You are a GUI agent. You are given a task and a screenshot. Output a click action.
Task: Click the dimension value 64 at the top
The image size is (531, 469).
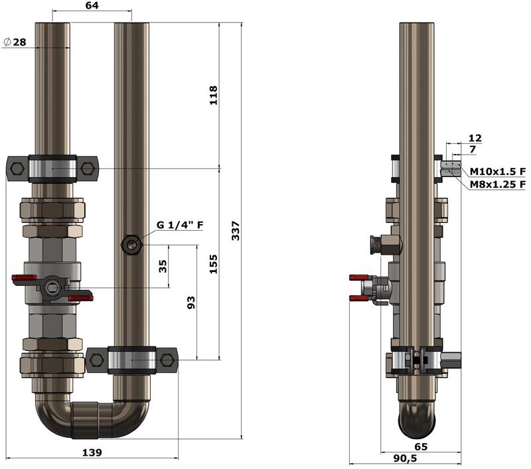click(x=92, y=5)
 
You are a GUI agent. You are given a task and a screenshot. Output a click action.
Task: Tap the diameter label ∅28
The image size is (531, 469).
click(x=15, y=42)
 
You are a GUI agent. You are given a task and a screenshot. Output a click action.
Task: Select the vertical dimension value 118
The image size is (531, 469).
click(x=213, y=96)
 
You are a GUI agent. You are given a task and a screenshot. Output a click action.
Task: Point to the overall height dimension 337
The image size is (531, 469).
click(x=236, y=231)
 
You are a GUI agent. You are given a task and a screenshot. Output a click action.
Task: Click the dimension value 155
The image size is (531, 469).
click(x=213, y=264)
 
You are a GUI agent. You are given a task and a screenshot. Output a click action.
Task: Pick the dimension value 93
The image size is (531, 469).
click(x=191, y=302)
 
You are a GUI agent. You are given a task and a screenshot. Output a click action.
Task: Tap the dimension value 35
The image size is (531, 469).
click(x=163, y=266)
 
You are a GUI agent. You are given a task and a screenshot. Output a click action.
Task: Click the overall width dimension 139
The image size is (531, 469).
click(x=92, y=452)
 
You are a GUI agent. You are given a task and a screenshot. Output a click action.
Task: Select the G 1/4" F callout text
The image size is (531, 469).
click(x=180, y=225)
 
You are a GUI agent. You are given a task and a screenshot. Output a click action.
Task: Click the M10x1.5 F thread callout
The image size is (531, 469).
click(x=497, y=172)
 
